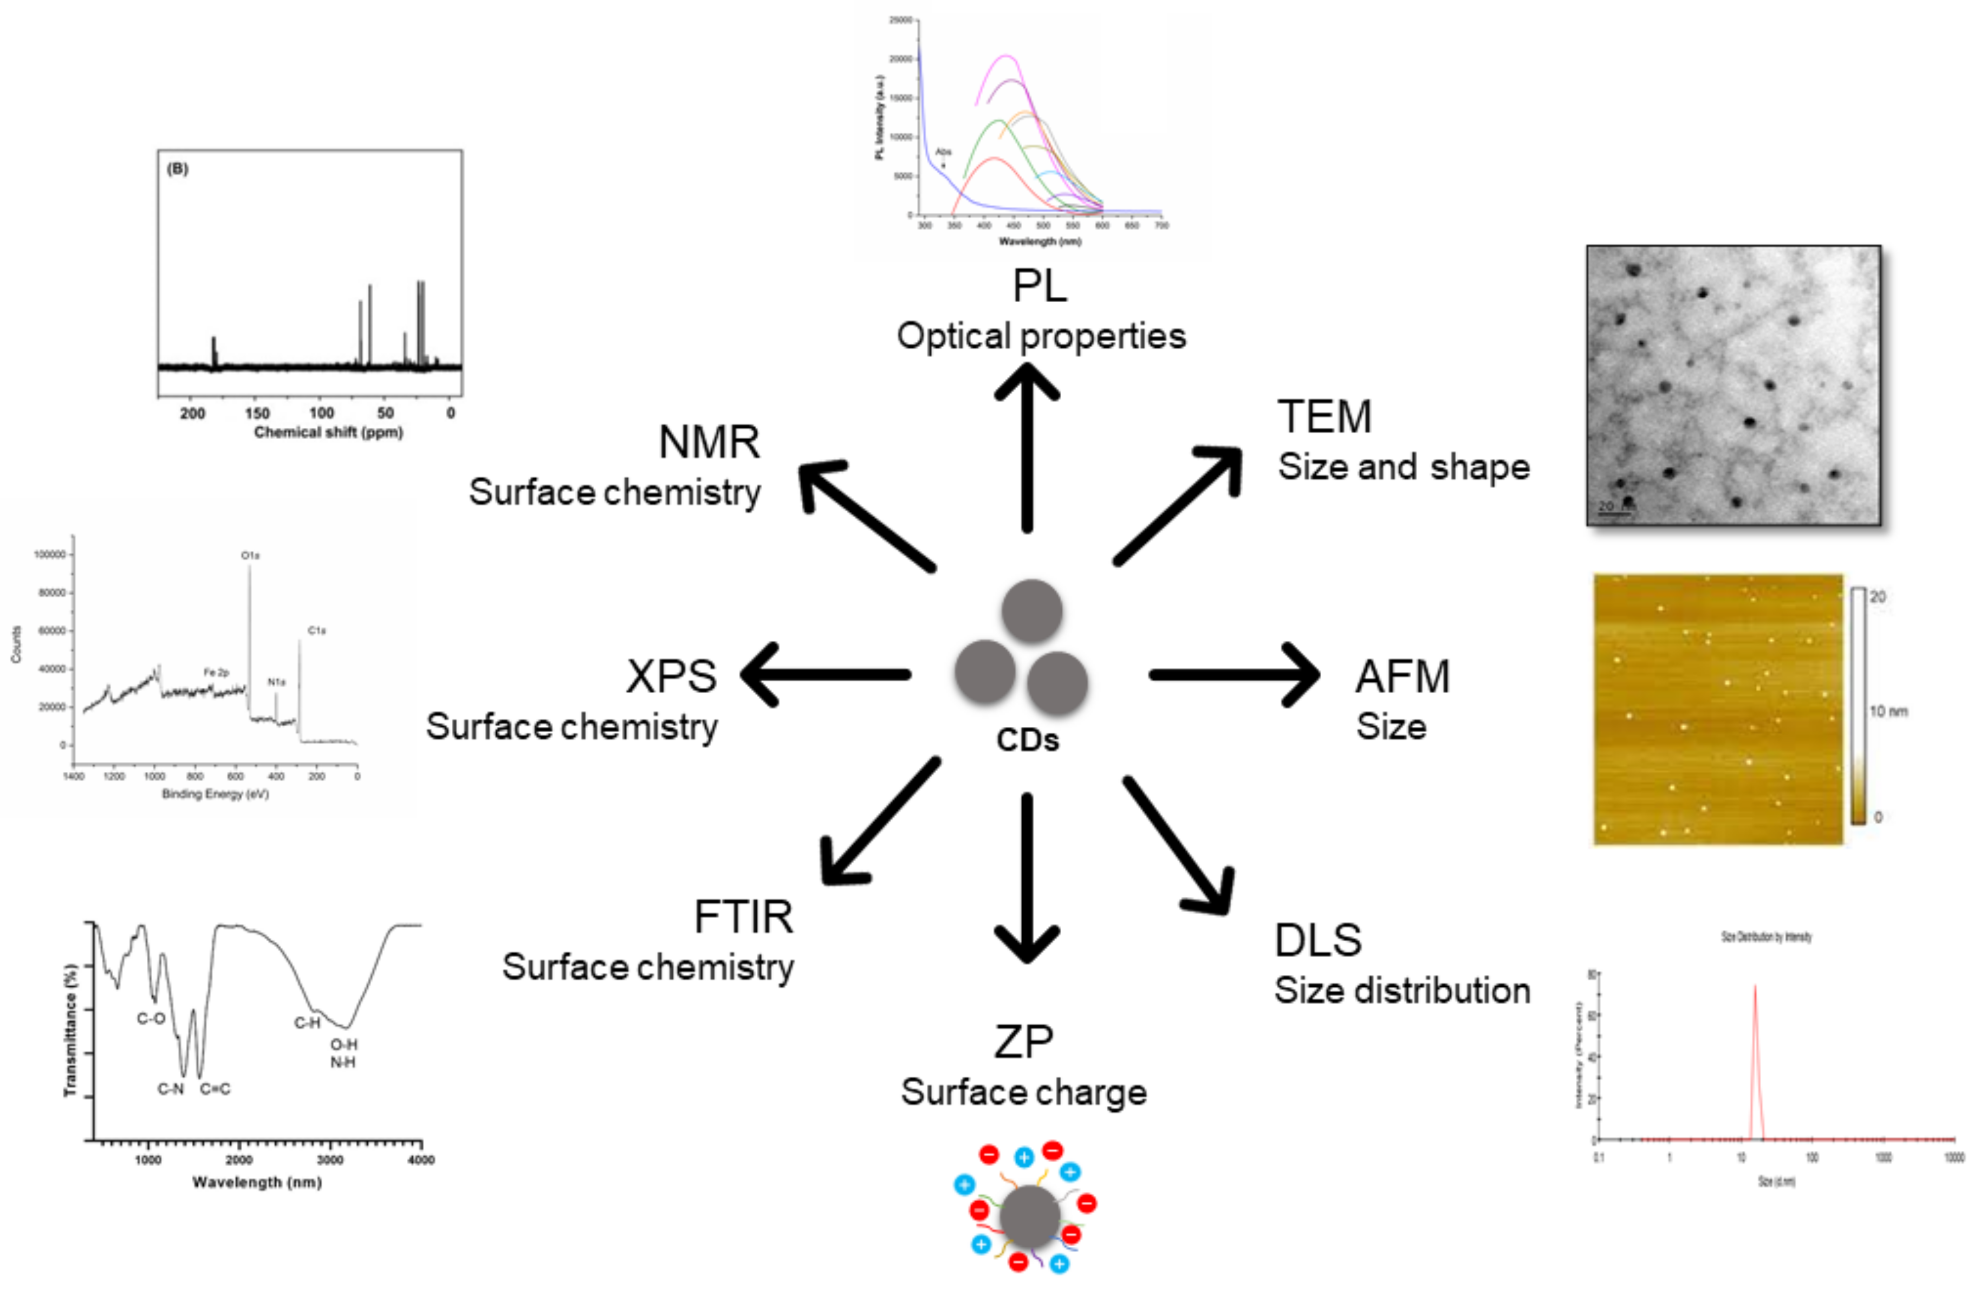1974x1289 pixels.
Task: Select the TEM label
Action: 1324,416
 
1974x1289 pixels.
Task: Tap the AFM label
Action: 1402,677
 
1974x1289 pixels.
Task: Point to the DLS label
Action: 1318,941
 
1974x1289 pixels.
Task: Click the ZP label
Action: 1023,1042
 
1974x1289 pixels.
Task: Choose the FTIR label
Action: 743,917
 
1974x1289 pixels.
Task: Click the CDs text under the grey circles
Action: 1028,740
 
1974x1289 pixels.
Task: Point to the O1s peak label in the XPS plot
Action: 250,556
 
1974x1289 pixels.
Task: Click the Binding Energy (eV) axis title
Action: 215,794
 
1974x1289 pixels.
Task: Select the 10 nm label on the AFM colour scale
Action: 1888,712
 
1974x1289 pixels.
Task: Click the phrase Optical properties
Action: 1041,336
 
